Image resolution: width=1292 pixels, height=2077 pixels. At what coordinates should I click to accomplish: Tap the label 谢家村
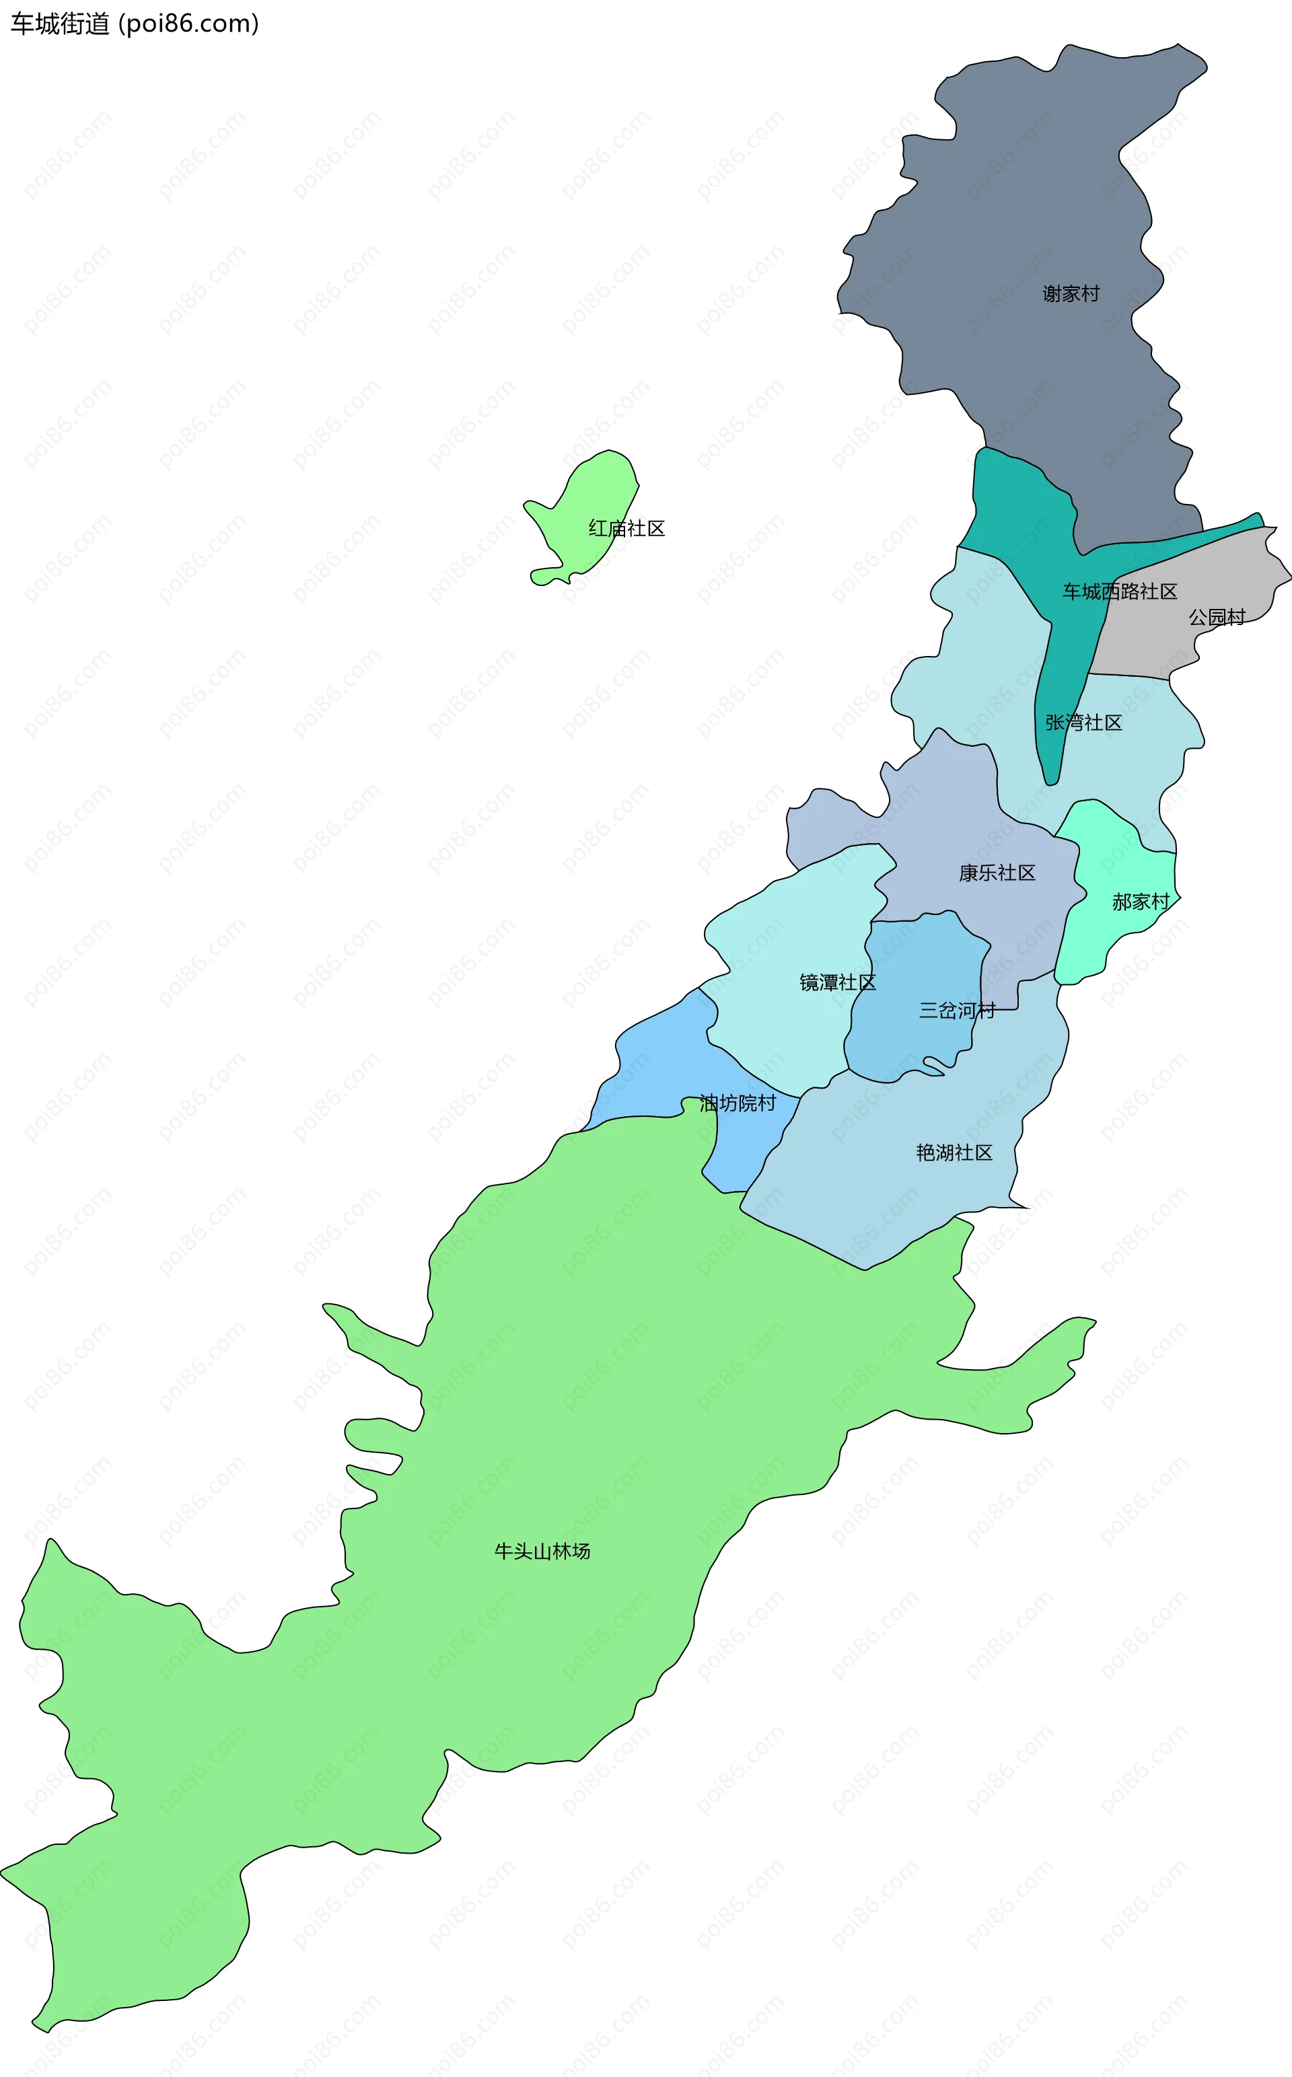click(1070, 294)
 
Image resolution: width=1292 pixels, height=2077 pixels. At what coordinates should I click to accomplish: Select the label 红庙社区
click(626, 529)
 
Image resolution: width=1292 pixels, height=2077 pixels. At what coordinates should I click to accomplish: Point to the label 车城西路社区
click(1119, 591)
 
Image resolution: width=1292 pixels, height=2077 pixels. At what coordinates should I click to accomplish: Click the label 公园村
click(1217, 617)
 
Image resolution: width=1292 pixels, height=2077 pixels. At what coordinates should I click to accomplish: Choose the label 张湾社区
click(1083, 723)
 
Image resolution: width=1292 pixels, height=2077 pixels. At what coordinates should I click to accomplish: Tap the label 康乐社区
click(997, 873)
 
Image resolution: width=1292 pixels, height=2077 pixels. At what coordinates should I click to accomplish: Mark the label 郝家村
click(1140, 902)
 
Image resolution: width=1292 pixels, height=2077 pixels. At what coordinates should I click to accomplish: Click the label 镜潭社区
click(837, 982)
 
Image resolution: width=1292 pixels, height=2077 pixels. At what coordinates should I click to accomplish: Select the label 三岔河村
click(957, 1011)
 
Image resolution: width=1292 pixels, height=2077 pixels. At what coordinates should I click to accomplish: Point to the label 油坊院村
click(738, 1103)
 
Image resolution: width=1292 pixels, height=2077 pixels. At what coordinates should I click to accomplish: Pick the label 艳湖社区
click(954, 1153)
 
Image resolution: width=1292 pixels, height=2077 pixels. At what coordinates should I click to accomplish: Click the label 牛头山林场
click(542, 1551)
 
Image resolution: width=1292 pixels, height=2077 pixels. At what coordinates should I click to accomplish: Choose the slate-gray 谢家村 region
click(1026, 213)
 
